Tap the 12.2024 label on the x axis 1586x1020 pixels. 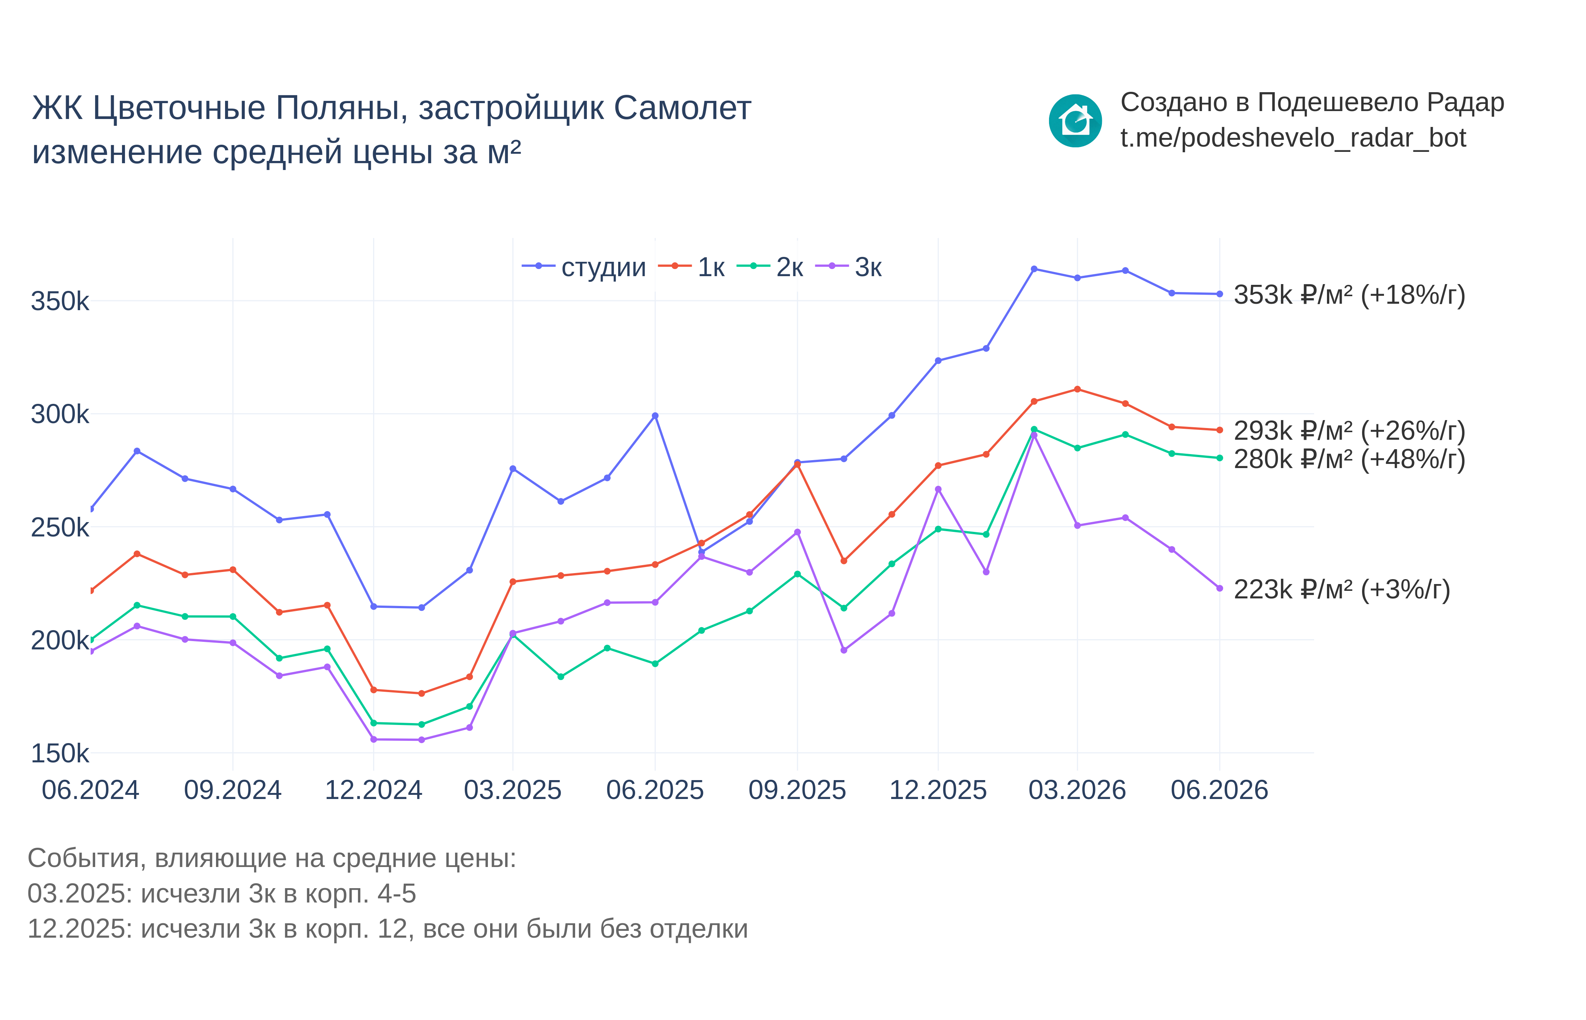[373, 790]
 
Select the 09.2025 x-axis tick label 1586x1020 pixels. [797, 790]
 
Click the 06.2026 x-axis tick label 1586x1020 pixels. [1219, 790]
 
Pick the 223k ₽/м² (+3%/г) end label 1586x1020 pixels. [1342, 589]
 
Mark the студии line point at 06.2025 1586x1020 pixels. [655, 416]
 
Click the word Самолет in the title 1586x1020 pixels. [682, 108]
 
